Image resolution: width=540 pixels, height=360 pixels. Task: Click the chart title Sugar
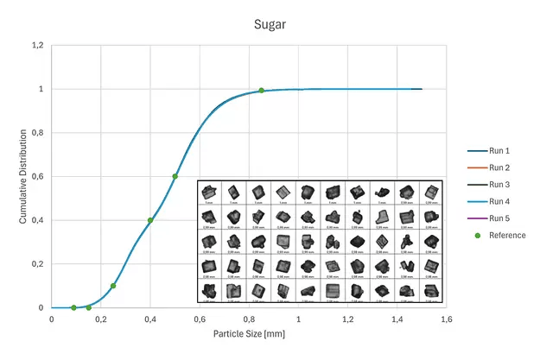click(270, 25)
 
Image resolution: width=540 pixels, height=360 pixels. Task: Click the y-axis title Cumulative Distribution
click(23, 177)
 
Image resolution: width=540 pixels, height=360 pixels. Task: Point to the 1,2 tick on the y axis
click(36, 45)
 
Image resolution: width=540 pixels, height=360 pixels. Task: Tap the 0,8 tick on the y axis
click(36, 133)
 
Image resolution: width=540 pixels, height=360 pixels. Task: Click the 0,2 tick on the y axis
click(36, 264)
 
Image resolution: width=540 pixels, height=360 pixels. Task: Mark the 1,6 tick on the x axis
click(447, 319)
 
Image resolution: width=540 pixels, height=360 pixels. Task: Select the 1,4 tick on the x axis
click(397, 319)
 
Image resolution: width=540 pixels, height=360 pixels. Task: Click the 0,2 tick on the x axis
click(101, 319)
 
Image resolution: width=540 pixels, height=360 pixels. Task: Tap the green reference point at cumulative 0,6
click(175, 176)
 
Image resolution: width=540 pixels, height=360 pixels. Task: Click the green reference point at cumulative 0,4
click(150, 220)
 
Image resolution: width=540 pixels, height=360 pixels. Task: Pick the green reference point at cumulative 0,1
click(113, 286)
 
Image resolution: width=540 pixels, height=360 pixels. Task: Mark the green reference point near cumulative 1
click(261, 91)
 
